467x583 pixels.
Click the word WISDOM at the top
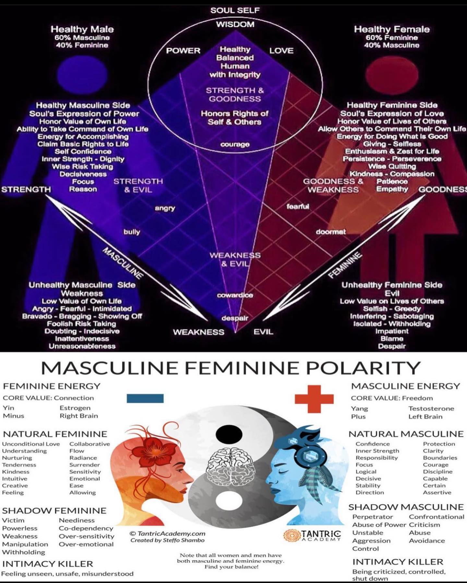(x=235, y=24)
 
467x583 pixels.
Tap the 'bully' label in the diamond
(x=132, y=232)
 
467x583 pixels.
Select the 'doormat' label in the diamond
(x=331, y=232)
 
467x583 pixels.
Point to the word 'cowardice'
(x=235, y=295)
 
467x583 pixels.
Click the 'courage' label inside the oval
(x=235, y=144)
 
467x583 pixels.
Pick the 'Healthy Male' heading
(x=82, y=29)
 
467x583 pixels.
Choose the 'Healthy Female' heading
(x=392, y=29)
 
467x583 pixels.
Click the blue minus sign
(x=145, y=398)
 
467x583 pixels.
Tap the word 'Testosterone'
(x=431, y=408)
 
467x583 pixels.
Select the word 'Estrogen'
(x=75, y=408)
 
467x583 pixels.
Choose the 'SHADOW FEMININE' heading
(x=54, y=511)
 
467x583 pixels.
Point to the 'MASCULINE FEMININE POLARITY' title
(x=231, y=368)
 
